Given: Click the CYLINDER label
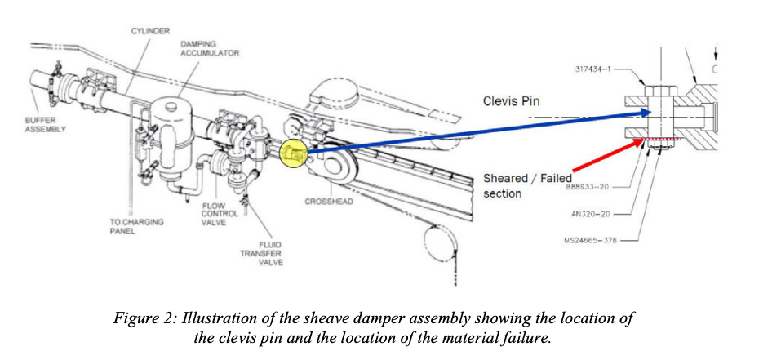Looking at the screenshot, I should coord(150,31).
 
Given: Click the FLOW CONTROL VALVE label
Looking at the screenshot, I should coord(221,214).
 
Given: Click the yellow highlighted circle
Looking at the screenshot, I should coord(293,151).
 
